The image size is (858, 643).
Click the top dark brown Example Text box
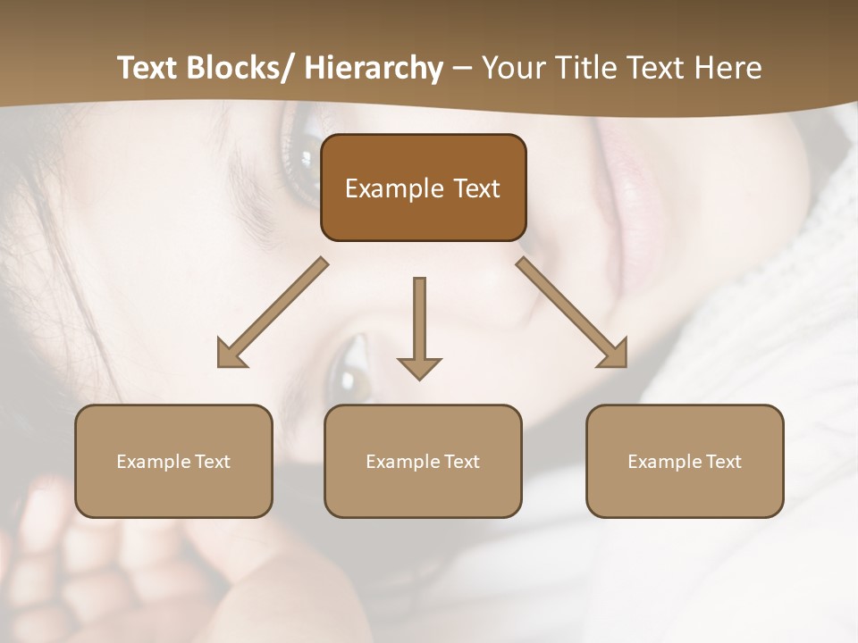click(x=423, y=188)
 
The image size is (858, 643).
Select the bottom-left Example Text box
click(x=173, y=461)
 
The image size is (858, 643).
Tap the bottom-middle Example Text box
click(x=423, y=461)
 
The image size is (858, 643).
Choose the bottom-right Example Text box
click(x=685, y=461)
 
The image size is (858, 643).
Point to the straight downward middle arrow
click(x=420, y=321)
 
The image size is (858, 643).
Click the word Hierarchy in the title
click(x=374, y=68)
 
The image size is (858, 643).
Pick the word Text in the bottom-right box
click(x=722, y=461)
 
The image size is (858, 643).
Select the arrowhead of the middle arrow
click(x=420, y=367)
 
